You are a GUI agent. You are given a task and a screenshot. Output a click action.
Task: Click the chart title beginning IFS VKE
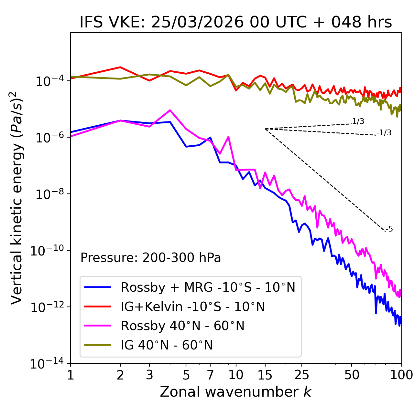(236, 22)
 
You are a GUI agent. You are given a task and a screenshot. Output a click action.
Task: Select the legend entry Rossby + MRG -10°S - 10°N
(208, 287)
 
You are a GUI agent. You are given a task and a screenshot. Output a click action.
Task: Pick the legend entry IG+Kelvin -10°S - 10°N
(193, 307)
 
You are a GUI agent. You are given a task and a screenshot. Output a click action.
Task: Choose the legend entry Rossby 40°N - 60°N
(182, 326)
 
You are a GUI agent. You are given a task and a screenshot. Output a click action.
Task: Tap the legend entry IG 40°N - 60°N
(167, 345)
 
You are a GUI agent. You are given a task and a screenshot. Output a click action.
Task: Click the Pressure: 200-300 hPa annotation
(150, 258)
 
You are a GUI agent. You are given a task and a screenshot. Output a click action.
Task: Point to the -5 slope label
(389, 229)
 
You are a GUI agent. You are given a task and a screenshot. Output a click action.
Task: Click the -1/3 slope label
(384, 133)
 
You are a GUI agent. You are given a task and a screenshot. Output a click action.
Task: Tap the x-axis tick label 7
(210, 375)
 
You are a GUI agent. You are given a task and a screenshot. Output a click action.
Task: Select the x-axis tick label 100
(401, 375)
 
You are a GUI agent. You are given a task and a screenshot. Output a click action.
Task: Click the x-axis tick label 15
(265, 375)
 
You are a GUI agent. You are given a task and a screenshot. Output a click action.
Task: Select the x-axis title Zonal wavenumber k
(236, 392)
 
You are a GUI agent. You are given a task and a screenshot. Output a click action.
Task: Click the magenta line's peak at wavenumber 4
(170, 110)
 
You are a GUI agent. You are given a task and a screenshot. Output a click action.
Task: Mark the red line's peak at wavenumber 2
(120, 67)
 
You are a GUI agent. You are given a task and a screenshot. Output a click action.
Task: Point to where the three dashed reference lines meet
(265, 129)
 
